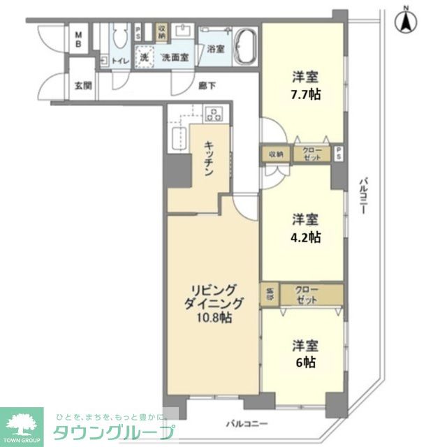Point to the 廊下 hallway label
coord(206,86)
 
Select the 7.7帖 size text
coord(305,94)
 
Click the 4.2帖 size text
coord(306,237)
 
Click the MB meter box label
coord(78,38)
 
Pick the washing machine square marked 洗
coord(145,56)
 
